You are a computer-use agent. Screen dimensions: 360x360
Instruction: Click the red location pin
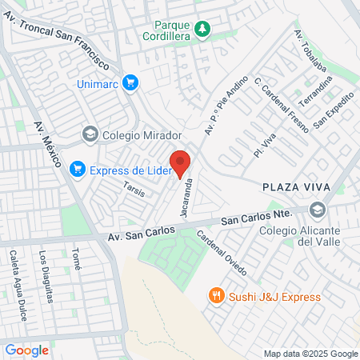click(181, 162)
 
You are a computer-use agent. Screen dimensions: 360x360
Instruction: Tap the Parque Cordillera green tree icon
click(203, 30)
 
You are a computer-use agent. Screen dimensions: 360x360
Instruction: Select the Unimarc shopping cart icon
click(131, 82)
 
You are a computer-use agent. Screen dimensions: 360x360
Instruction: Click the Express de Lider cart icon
click(78, 169)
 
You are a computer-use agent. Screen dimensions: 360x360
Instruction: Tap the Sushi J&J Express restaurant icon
click(215, 297)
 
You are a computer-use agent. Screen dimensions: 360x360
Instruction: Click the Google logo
click(26, 350)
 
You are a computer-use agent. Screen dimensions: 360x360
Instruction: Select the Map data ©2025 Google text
click(311, 354)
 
